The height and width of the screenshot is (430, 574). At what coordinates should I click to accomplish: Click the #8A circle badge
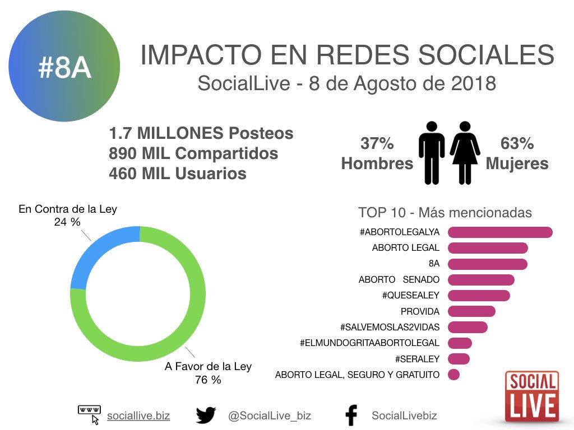pos(64,67)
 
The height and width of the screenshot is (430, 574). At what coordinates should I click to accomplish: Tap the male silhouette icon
pos(432,152)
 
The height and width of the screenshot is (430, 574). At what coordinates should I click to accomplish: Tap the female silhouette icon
pos(465,152)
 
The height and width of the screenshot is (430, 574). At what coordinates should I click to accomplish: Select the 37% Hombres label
pos(377,154)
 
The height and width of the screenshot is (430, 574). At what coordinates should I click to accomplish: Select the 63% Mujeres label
pos(517,154)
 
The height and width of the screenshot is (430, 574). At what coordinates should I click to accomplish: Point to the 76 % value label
pos(208,380)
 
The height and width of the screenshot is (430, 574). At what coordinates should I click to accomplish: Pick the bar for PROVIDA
pos(471,311)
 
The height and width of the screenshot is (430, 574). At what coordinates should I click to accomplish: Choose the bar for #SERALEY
pos(459,359)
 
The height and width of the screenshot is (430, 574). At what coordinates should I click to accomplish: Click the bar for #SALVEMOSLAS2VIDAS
pos(467,327)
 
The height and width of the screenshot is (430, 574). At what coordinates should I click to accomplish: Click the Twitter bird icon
pos(206,415)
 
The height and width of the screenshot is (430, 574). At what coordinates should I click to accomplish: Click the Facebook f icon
pos(351,416)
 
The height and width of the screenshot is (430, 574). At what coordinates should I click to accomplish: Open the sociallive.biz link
pos(138,415)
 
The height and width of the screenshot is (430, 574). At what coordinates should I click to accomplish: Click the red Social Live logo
pos(531,396)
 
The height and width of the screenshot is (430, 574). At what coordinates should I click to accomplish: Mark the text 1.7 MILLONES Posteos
pos(201,133)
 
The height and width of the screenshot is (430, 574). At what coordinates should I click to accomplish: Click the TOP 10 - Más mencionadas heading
pos(445,213)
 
